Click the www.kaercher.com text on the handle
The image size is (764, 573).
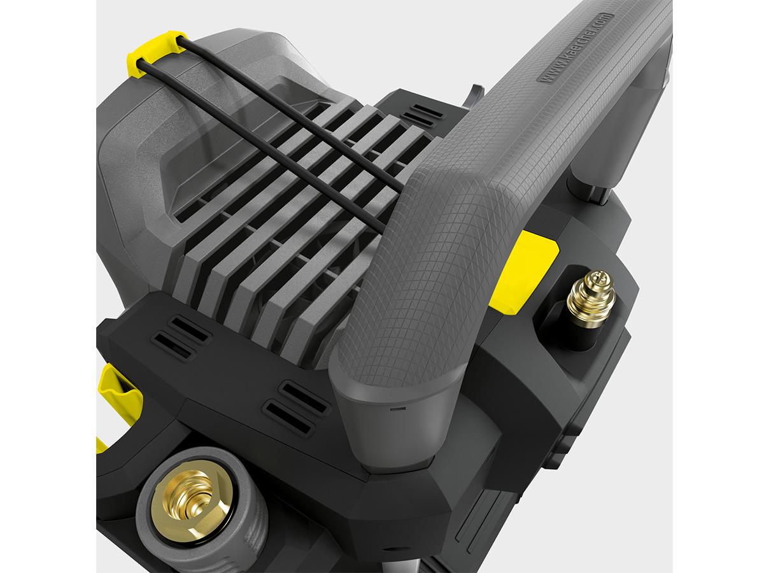coord(574,48)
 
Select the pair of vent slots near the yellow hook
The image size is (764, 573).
coord(181,336)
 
